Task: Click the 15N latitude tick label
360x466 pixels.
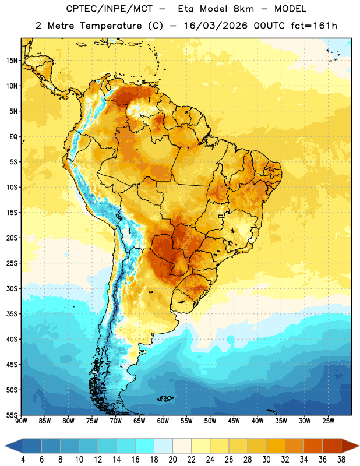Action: point(12,61)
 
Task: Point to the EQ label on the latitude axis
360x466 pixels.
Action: point(13,137)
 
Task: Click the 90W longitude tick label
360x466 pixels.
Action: point(21,421)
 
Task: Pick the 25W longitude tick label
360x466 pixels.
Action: point(328,421)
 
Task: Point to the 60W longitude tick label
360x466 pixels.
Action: point(163,421)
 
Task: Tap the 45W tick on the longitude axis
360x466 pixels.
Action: point(234,421)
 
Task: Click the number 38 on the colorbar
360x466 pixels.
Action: point(341,460)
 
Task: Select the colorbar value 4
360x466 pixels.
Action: point(23,460)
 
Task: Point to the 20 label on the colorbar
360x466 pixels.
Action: point(172,460)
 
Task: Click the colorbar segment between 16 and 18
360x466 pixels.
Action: point(145,446)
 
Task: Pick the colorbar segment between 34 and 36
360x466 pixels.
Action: point(313,446)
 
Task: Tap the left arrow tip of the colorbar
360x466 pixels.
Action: point(5,446)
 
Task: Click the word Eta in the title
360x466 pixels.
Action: point(186,9)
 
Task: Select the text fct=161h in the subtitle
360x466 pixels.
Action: point(314,26)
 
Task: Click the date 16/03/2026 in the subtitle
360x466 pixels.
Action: point(216,26)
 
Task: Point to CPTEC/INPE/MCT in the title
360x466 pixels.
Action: point(110,9)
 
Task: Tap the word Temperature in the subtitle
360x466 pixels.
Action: point(111,26)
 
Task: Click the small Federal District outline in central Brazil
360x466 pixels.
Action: point(221,216)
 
